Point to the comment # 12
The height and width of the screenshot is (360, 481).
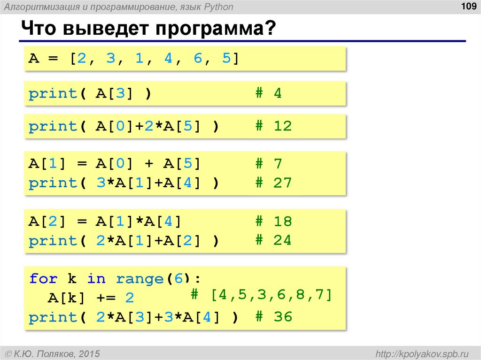pyautogui.click(x=273, y=126)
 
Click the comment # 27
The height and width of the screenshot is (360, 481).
pyautogui.click(x=273, y=183)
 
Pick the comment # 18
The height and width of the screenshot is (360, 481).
pyautogui.click(x=273, y=222)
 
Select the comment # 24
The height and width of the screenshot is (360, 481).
pyautogui.click(x=273, y=241)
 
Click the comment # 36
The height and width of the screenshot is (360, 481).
pyautogui.click(x=273, y=317)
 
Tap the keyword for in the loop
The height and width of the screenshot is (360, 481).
pyautogui.click(x=43, y=279)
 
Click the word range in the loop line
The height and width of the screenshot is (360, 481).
pyautogui.click(x=139, y=279)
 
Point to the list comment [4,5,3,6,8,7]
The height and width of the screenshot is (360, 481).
pyautogui.click(x=271, y=296)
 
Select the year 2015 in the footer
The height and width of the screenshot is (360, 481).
pyautogui.click(x=90, y=353)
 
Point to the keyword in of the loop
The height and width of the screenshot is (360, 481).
pyautogui.click(x=96, y=279)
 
